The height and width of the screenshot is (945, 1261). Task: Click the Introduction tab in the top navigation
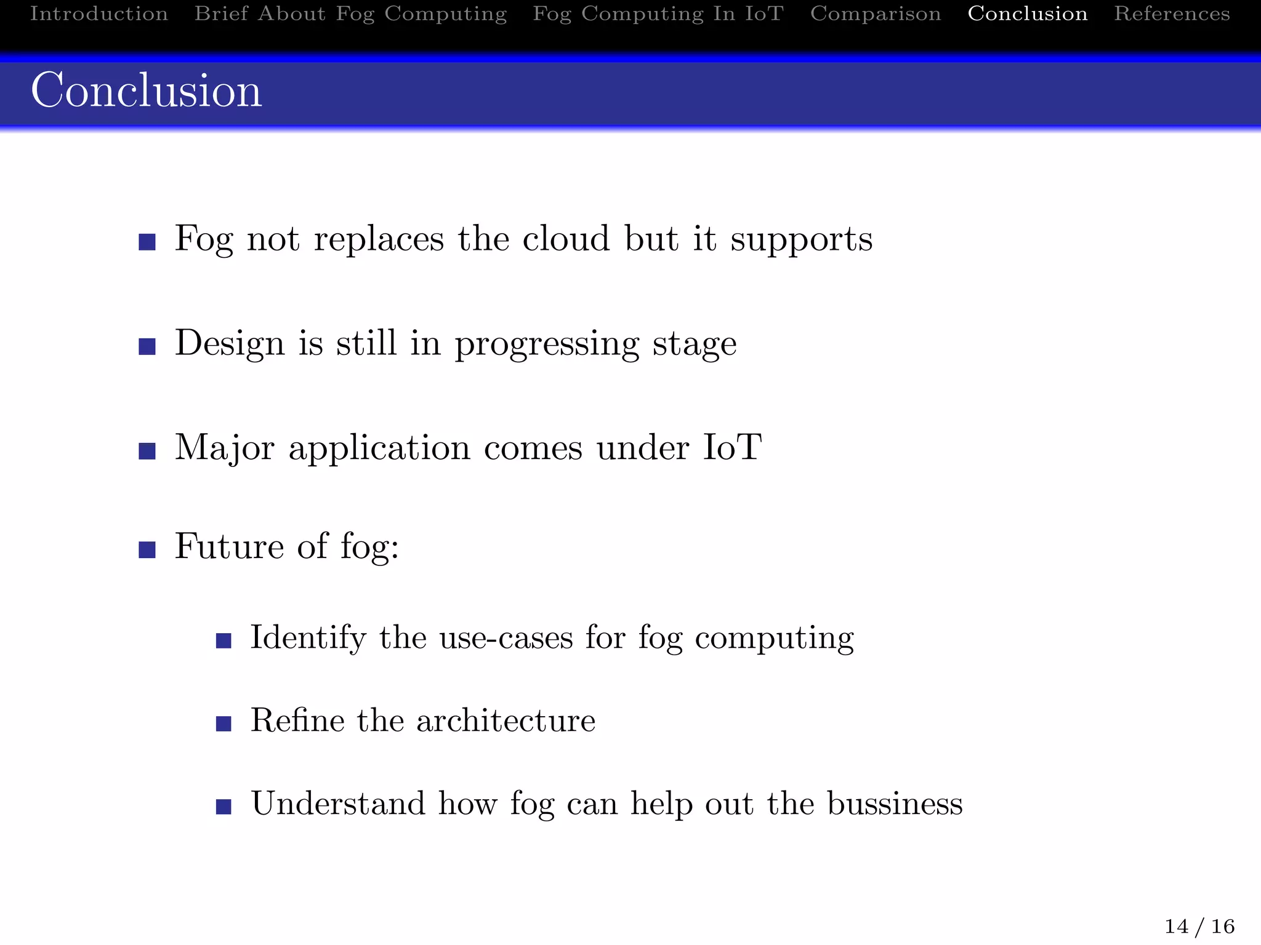pos(99,14)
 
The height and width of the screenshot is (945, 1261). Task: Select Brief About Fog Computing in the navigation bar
pos(350,14)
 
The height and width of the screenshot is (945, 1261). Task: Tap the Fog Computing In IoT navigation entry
pos(658,14)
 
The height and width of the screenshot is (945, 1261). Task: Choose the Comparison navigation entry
pos(875,14)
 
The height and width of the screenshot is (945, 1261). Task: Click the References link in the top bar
pos(1172,14)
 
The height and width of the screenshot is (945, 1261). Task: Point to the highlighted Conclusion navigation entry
pos(1027,14)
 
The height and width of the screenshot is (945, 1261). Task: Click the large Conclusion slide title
pos(147,91)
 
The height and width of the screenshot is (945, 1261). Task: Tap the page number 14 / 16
pos(1199,926)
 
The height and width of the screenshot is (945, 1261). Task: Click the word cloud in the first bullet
pos(566,239)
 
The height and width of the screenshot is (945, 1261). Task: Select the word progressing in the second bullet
pos(547,345)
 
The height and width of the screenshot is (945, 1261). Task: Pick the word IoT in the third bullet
pos(732,447)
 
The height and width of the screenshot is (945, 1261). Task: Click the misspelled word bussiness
pos(894,803)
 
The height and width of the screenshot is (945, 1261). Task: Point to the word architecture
pos(506,720)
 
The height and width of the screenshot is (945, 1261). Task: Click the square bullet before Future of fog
pos(147,549)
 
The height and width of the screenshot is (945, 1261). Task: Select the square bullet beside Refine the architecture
pos(224,724)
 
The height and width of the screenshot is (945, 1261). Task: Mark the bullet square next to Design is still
pos(147,346)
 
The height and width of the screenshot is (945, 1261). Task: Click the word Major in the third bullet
pos(224,449)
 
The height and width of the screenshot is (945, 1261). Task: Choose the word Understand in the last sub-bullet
pos(338,803)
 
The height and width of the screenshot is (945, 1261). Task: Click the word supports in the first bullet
pos(801,240)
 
